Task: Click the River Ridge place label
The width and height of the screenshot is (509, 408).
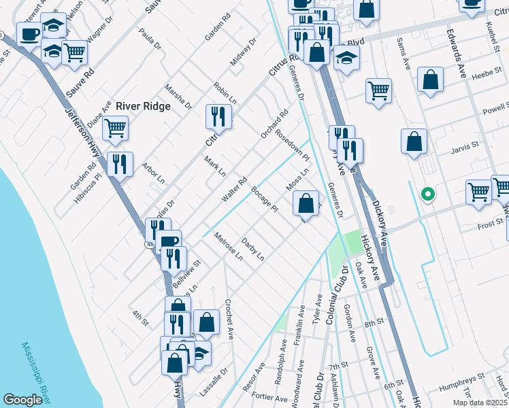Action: (x=142, y=105)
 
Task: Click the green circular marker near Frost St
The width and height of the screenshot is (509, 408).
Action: (x=427, y=194)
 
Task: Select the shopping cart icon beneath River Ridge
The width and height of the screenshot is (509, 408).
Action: (x=116, y=127)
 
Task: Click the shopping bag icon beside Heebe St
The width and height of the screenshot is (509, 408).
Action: (x=430, y=80)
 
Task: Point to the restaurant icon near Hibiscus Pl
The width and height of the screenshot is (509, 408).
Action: (x=120, y=165)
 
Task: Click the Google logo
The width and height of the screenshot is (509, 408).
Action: (x=22, y=400)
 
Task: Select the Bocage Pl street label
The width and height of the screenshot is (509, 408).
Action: (x=265, y=198)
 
